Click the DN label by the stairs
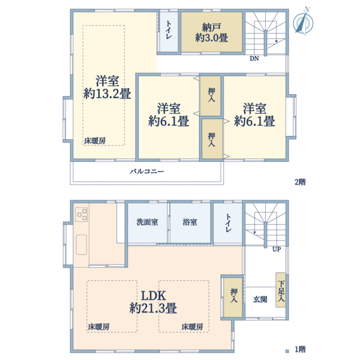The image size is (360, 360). [x=254, y=59]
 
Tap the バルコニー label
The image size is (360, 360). [x=147, y=172]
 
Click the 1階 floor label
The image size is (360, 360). [x=299, y=349]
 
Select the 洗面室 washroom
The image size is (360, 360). [x=147, y=222]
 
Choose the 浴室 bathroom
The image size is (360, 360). [x=190, y=222]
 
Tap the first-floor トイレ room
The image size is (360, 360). [x=229, y=223]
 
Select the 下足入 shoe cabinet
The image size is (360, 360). [x=281, y=290]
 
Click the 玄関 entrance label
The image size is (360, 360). [x=260, y=299]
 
